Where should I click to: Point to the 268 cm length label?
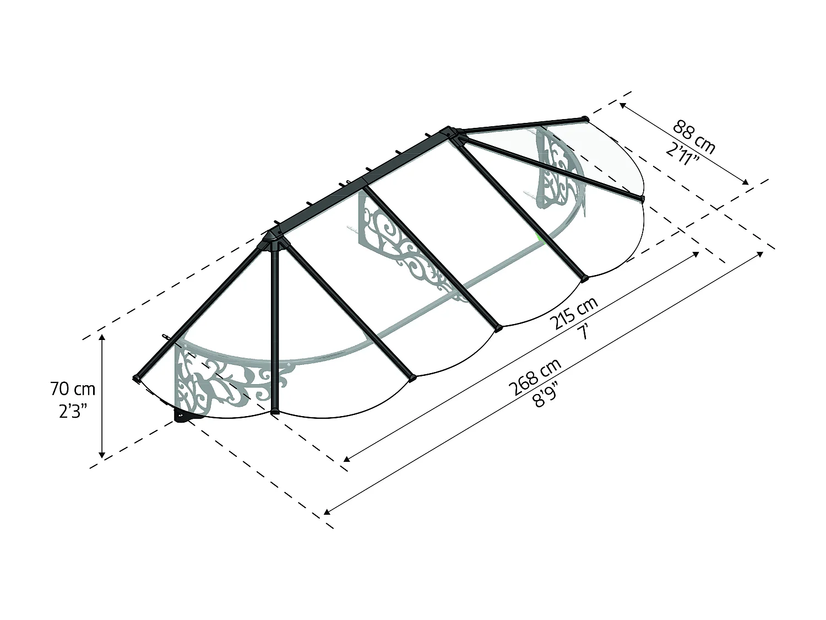tap(535, 376)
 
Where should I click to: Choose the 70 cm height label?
tap(73, 389)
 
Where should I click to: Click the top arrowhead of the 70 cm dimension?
tap(102, 337)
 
